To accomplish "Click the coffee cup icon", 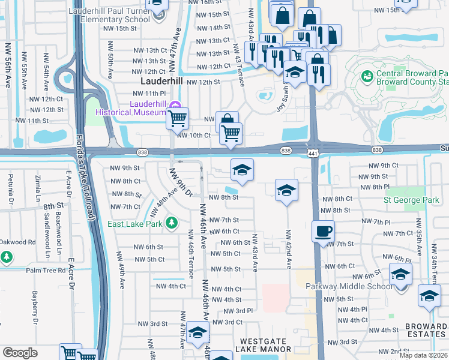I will tap(323, 231).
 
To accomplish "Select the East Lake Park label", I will tap(135, 224).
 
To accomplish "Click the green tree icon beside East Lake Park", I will tap(172, 223).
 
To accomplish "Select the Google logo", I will tap(20, 353).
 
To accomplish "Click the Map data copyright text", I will tap(423, 355).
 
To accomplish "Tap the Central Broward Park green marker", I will tap(367, 77).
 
